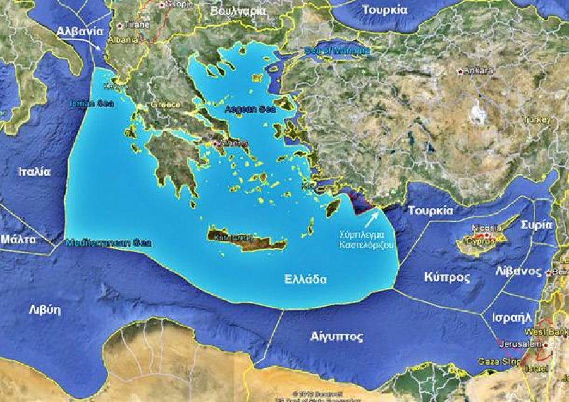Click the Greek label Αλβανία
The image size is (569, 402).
(x=80, y=31)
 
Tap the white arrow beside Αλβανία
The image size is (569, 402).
(x=99, y=46)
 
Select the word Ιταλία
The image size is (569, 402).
(x=34, y=172)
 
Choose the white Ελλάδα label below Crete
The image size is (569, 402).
(x=305, y=279)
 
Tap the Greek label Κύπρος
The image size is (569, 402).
(x=447, y=277)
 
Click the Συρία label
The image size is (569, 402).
(x=537, y=224)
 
